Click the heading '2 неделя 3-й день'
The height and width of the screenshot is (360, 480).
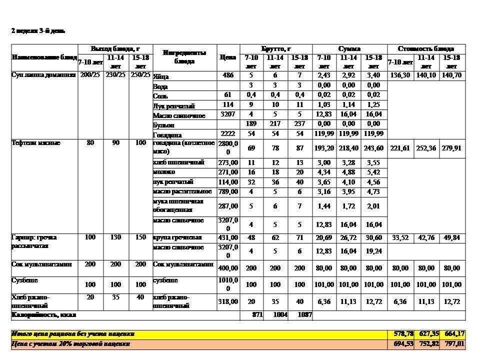point(38,31)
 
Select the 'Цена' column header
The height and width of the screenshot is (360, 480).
point(227,57)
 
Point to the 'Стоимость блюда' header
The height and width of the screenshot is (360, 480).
point(426,49)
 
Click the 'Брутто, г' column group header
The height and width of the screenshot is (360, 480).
point(275,49)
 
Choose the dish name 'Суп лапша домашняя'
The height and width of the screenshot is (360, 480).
point(44,75)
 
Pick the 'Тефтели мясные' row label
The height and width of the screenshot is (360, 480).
point(36,143)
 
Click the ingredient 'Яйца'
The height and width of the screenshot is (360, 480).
point(161,77)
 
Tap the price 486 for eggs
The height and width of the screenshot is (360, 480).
point(228,75)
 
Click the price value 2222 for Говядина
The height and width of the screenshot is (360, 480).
point(227,134)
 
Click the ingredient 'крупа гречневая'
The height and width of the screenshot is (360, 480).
point(177,237)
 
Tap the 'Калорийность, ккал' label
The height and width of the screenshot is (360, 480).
point(43,315)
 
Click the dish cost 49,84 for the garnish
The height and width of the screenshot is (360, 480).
point(451,237)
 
